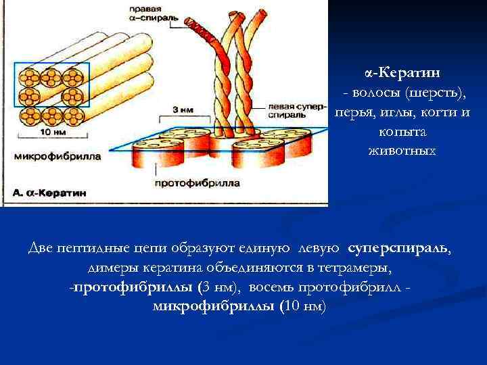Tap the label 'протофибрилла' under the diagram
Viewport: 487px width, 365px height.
(196, 182)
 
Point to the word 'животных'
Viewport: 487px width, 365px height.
(402, 150)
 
